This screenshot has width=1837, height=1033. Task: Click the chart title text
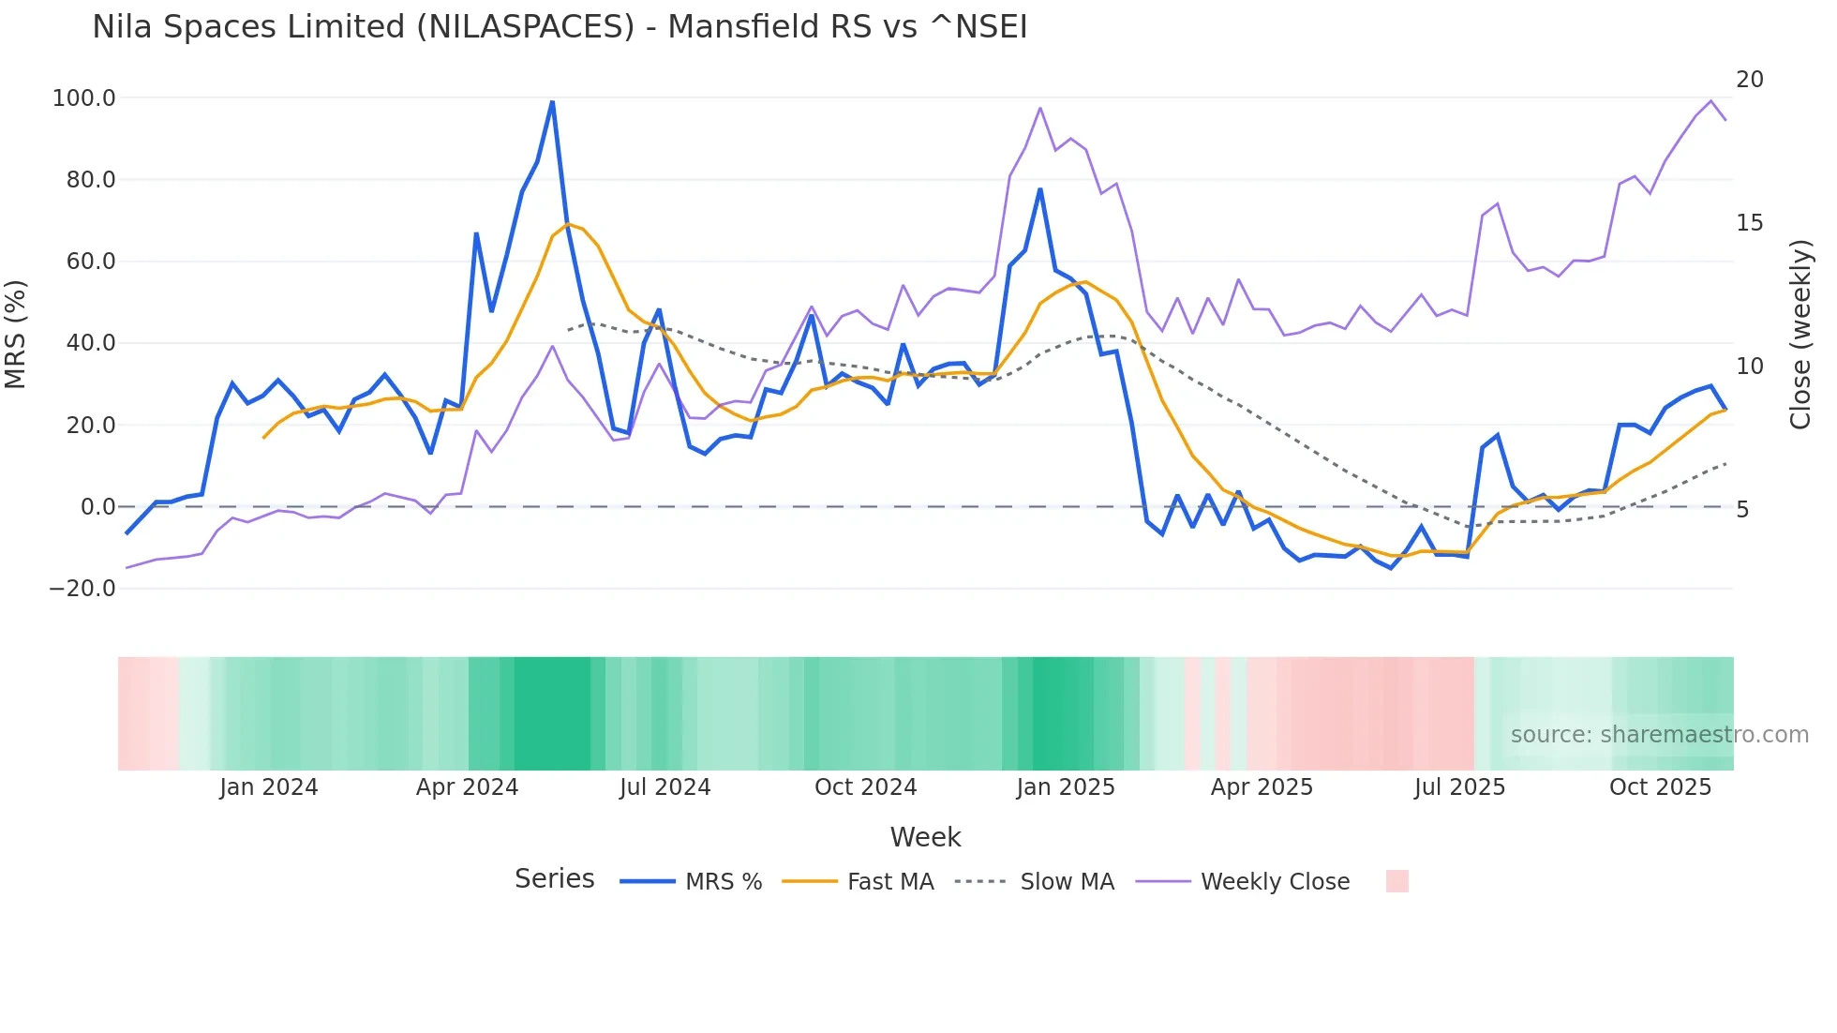pos(560,27)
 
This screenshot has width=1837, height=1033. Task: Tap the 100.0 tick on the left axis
pos(83,98)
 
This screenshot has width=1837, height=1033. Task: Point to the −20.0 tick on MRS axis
pos(82,589)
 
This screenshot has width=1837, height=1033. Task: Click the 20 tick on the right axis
pos(1749,80)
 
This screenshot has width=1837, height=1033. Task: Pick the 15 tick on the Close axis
pos(1749,223)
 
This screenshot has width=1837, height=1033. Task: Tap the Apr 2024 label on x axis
pos(467,787)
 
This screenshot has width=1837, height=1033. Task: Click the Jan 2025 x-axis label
pos(1066,787)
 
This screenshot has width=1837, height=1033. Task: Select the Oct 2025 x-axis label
pos(1660,787)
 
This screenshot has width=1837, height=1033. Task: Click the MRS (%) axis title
pos(16,334)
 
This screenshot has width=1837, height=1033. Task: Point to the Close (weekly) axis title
pos(1800,335)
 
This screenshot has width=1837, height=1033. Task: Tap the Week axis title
pos(925,837)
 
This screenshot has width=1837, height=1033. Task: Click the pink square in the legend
pos(1396,881)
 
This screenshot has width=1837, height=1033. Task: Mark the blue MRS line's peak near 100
pos(552,101)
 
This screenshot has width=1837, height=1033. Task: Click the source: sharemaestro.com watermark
pos(1659,735)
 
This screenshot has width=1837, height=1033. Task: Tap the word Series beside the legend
pos(554,879)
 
